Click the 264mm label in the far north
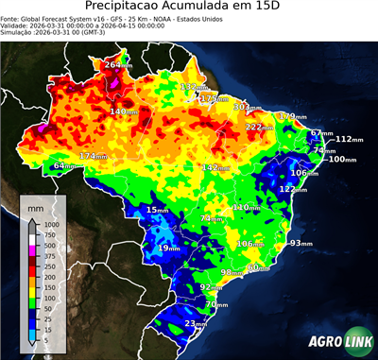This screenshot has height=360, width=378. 118,65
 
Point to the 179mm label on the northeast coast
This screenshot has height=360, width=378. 289,116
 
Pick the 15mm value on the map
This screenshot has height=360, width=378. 157,209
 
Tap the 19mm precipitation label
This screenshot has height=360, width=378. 168,248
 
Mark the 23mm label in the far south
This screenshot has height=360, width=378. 196,324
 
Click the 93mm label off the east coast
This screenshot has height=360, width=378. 301,243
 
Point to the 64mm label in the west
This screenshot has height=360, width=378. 64,166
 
